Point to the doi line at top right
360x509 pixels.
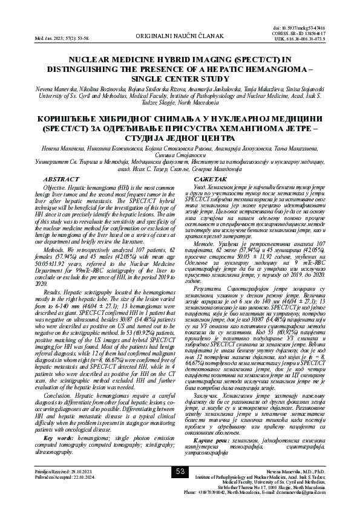coord(324,28)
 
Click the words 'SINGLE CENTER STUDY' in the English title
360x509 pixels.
coord(180,79)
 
